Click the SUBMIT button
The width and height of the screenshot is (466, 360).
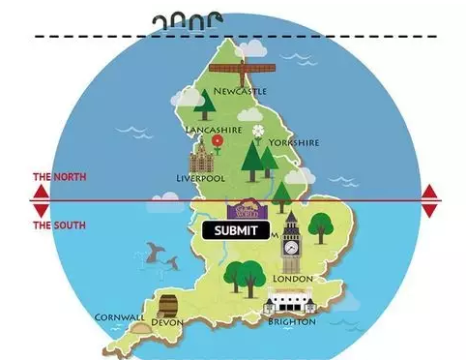tap(236, 230)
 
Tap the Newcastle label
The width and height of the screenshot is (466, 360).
tap(241, 92)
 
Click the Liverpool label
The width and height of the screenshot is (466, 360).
tap(201, 179)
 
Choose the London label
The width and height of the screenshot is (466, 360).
tap(294, 279)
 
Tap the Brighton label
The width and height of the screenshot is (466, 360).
tap(290, 322)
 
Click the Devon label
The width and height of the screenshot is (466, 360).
tap(167, 322)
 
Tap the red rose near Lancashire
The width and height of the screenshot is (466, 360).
tap(218, 141)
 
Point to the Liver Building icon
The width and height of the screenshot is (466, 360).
tap(204, 157)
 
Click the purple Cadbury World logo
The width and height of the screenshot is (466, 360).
tap(241, 209)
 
